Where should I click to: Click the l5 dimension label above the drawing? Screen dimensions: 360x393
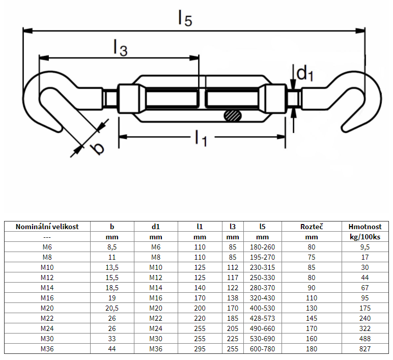185,18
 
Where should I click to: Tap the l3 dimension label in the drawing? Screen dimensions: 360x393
120,48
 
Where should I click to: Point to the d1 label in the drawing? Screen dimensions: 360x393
304,74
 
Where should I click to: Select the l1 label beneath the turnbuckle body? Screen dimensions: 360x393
201,137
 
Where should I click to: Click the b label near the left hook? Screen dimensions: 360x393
96,148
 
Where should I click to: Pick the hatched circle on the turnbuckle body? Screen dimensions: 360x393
233,116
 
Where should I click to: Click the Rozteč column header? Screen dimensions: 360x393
312,227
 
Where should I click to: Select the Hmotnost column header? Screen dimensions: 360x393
364,227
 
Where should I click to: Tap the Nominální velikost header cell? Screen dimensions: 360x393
47,227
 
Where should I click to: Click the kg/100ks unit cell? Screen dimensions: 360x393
364,237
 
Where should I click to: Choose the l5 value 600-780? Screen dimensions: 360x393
263,349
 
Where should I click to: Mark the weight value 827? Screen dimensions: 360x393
364,349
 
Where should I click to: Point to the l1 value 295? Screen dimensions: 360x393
200,349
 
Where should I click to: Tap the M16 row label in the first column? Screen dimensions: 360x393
47,298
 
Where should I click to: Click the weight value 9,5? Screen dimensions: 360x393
364,247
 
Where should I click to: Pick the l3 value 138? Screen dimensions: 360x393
233,298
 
